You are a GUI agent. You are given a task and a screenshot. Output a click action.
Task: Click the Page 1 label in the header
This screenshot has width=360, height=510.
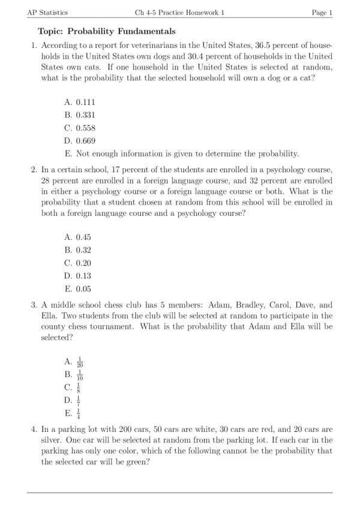[322, 13]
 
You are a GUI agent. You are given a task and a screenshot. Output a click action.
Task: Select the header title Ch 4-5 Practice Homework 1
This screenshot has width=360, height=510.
[179, 13]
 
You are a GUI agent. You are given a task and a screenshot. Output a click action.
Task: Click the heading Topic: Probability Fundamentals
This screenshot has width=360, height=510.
[107, 31]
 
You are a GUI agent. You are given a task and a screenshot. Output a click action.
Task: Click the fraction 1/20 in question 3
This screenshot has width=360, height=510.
[80, 362]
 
